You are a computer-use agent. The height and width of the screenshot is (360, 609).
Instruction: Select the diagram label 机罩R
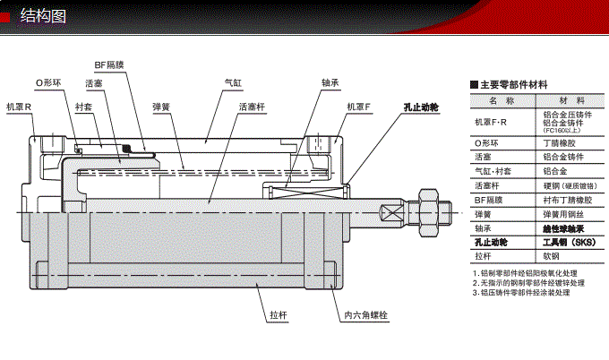tap(19, 106)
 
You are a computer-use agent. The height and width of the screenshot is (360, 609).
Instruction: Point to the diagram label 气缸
tap(234, 82)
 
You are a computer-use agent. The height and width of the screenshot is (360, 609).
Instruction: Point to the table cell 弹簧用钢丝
tap(563, 215)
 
